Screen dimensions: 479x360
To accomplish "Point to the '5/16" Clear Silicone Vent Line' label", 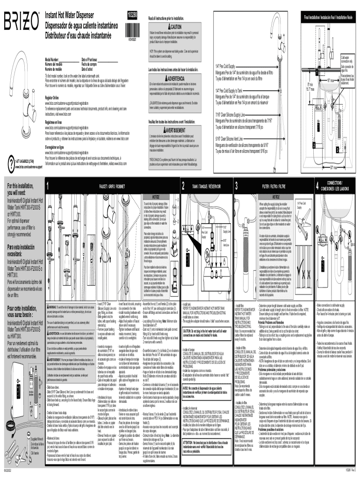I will [233, 139].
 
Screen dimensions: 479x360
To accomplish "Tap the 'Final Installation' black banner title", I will [330, 17].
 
